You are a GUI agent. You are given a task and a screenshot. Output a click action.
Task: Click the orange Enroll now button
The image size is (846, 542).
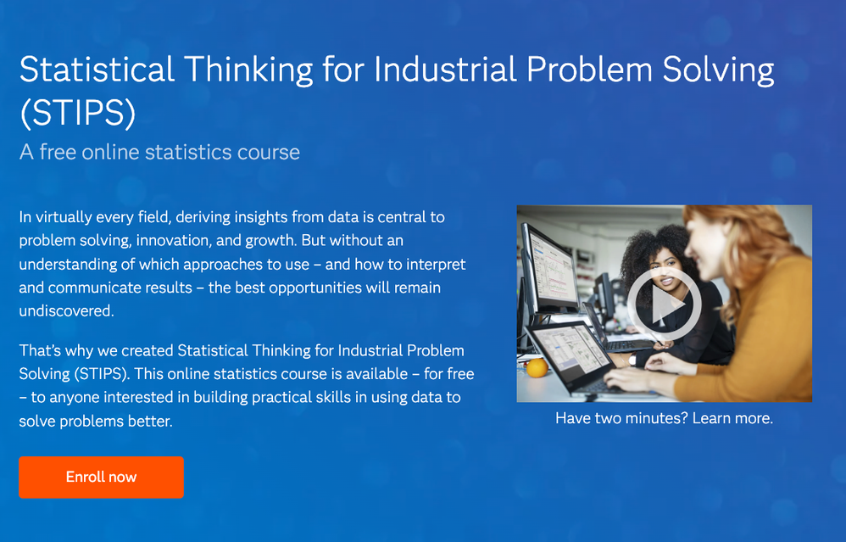[x=102, y=478]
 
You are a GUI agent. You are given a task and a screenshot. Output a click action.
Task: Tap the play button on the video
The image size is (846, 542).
[x=665, y=304]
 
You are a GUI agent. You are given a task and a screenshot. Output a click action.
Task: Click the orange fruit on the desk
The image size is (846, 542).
[x=537, y=368]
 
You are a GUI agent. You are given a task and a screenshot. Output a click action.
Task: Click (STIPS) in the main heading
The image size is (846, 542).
[x=78, y=113]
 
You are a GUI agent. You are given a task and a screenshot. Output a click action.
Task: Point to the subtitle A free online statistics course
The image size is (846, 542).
[x=159, y=152]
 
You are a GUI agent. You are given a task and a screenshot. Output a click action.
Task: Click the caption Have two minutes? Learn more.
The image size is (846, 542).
[x=665, y=418]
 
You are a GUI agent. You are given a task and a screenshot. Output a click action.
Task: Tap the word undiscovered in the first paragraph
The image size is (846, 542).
[x=66, y=311]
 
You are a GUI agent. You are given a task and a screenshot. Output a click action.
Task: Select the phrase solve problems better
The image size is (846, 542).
[x=96, y=421]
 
